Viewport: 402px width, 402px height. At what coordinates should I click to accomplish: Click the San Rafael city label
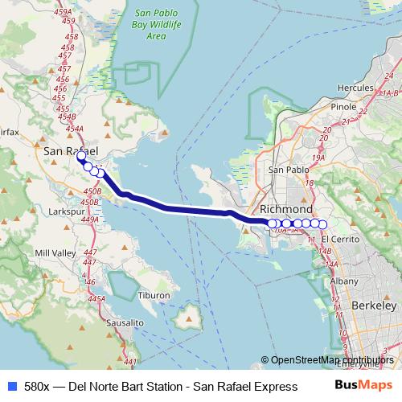click(71, 151)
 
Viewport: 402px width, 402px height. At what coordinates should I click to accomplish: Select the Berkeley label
click(374, 306)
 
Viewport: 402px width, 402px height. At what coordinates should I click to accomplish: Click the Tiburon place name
click(155, 295)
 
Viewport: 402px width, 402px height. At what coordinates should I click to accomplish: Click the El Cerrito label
click(337, 240)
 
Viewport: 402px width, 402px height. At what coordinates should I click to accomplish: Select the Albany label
click(343, 281)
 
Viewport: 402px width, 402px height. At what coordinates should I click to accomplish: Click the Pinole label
click(343, 106)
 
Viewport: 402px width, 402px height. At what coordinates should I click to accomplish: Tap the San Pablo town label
click(288, 170)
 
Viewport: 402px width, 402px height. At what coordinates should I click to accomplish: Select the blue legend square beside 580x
click(10, 384)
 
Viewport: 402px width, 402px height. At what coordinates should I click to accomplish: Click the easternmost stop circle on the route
click(323, 224)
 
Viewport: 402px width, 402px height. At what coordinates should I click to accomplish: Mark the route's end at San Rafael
click(80, 158)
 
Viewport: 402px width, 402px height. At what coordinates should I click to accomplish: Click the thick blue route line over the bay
click(185, 210)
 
